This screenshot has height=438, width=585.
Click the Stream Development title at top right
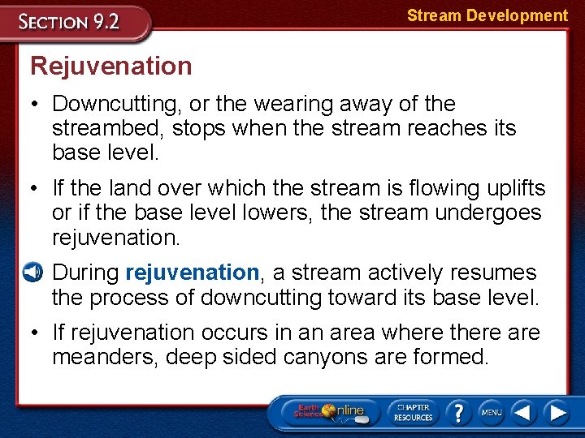pos(487,15)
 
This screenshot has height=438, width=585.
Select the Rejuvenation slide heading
pos(111,66)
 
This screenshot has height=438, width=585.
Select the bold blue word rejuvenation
pos(193,273)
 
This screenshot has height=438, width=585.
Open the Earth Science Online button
pos(330,412)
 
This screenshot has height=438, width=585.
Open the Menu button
pos(491,412)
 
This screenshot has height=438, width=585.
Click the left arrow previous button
pos(523,412)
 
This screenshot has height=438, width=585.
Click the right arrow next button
pos(557,412)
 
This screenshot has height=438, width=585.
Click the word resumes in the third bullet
pos(491,273)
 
